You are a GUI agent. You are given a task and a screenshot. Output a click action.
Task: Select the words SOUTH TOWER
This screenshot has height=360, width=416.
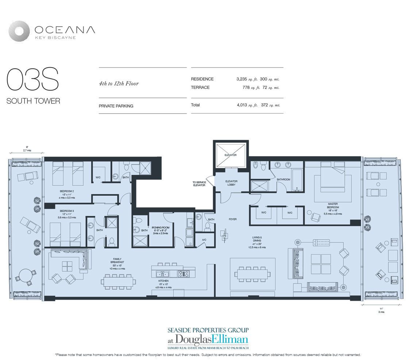[x=33, y=101]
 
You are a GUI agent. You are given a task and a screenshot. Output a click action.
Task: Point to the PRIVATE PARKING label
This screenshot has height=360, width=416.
[x=116, y=106]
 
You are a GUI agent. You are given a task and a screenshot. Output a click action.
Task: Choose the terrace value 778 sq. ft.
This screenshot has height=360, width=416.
[x=251, y=88]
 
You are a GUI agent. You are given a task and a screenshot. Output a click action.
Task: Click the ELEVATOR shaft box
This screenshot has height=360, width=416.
[x=230, y=155]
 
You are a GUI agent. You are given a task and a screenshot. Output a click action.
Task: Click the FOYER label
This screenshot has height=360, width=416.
[x=232, y=219]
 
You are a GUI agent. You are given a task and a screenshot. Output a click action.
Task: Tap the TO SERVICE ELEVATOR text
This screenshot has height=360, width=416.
[x=199, y=184]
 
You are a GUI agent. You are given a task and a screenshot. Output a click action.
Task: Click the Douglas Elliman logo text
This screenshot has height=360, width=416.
[x=208, y=338]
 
